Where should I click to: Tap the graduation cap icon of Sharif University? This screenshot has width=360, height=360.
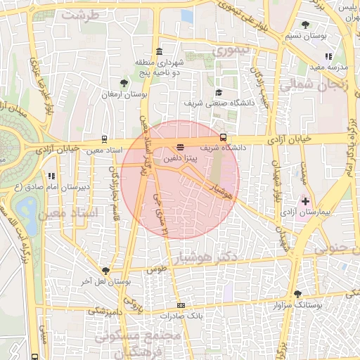pyautogui.click(x=219, y=93)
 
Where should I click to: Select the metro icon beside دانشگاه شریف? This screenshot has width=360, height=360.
pyautogui.click(x=224, y=137)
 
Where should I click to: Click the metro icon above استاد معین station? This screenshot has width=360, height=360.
pyautogui.click(x=105, y=139)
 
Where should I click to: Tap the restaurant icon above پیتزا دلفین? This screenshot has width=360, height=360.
pyautogui.click(x=181, y=148)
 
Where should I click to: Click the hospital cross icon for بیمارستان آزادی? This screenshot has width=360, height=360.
pyautogui.click(x=305, y=200)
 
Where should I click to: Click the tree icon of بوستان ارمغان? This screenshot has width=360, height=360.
pyautogui.click(x=124, y=83)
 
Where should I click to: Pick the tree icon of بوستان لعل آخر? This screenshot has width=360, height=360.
pyautogui.click(x=106, y=271)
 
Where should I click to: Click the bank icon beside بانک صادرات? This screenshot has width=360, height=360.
pyautogui.click(x=181, y=305)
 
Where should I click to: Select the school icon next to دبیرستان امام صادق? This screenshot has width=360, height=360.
pyautogui.click(x=51, y=176)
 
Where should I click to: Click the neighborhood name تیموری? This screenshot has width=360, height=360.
pyautogui.click(x=231, y=51)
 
